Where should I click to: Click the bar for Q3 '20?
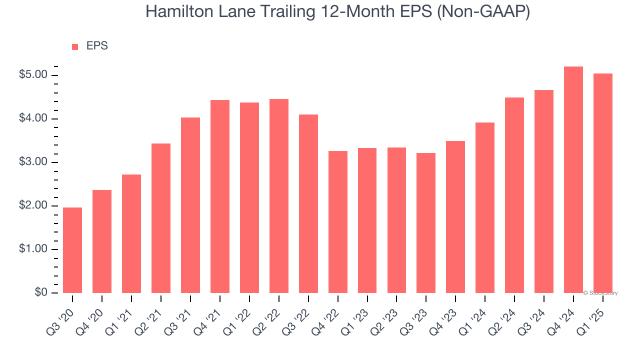(x=72, y=250)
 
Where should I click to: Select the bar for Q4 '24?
(x=573, y=180)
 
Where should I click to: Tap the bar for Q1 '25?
(x=603, y=183)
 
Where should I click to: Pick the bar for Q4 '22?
(x=338, y=222)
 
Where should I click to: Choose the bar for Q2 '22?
(x=279, y=196)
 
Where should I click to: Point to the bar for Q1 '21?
(x=131, y=233)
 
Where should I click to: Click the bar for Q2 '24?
(x=514, y=195)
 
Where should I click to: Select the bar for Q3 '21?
(x=190, y=205)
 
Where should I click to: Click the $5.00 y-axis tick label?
(x=33, y=75)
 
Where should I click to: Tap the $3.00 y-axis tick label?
(x=33, y=162)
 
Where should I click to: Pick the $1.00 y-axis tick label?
(x=33, y=249)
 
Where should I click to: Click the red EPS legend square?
(x=75, y=46)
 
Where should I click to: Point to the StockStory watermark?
(x=600, y=293)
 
